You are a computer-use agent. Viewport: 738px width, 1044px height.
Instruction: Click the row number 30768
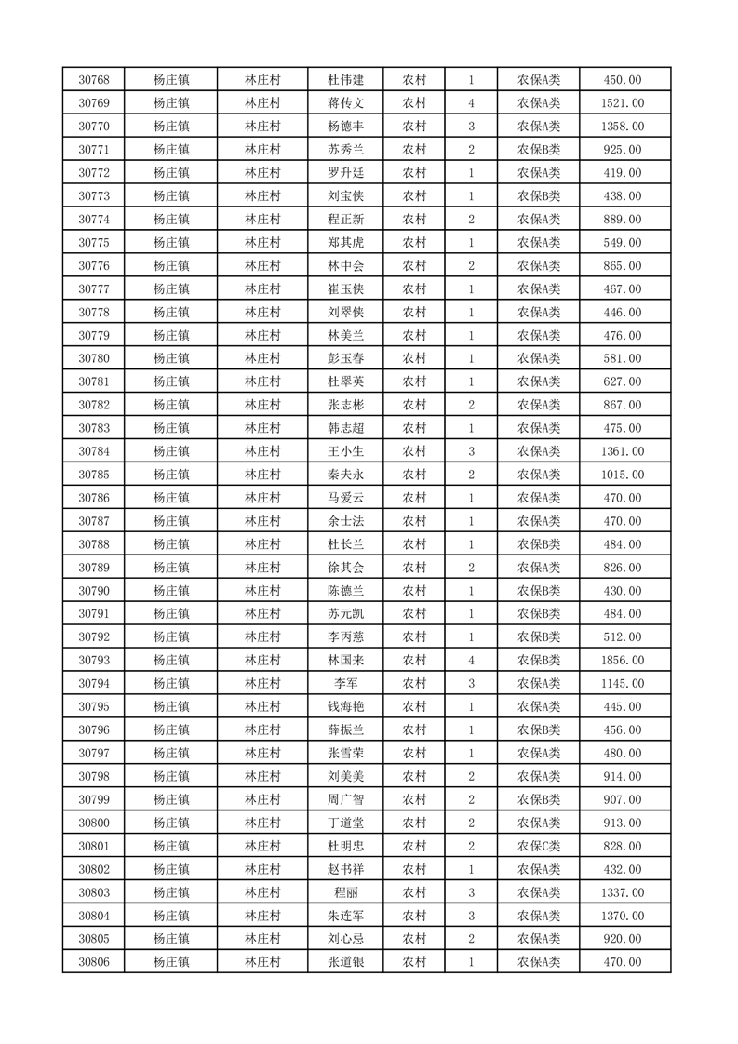(94, 80)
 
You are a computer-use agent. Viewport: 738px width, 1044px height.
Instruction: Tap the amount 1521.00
(623, 103)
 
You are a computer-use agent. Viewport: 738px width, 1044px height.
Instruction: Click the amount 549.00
(623, 243)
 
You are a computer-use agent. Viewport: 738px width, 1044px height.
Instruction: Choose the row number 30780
(94, 358)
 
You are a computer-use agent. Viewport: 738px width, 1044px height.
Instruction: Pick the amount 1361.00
(623, 451)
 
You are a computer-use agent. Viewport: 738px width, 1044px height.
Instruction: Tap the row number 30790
(94, 591)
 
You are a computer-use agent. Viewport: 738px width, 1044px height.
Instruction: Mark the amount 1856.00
(623, 661)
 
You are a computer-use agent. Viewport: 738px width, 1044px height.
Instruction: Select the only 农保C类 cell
(539, 846)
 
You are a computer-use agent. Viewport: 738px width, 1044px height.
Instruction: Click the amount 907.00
(623, 799)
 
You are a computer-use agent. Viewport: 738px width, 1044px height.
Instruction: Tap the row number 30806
(94, 962)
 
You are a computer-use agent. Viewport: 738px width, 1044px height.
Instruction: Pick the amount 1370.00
(623, 916)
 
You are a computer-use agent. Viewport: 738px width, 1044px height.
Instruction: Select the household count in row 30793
(472, 661)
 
